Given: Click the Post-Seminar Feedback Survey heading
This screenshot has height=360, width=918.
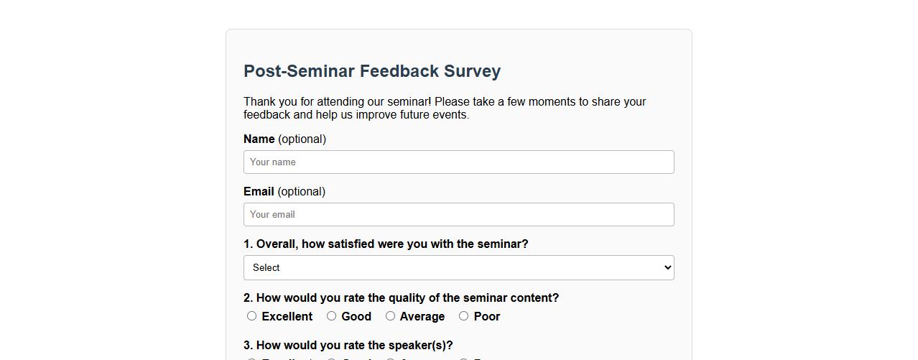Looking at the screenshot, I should (372, 71).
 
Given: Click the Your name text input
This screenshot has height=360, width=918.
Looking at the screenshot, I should (458, 162).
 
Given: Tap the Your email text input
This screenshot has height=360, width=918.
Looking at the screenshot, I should (458, 215).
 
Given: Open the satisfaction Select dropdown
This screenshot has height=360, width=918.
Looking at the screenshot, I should (458, 268).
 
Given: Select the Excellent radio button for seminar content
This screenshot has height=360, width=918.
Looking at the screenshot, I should (251, 316).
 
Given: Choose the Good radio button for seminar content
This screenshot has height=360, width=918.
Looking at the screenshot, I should (331, 316).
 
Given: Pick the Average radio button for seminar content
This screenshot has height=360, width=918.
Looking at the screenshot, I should (390, 316).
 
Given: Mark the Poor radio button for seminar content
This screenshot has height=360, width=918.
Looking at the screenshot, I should (463, 316).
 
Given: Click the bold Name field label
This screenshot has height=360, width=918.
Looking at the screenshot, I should (259, 139).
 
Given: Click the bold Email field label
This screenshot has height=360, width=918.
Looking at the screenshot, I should (259, 192).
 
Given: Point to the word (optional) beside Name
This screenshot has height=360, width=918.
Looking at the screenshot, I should (302, 139).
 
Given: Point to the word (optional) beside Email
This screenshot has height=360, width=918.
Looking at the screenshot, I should (301, 192).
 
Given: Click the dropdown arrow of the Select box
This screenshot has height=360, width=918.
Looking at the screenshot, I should (667, 268).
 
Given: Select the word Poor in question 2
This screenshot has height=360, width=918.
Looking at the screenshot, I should (487, 317).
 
